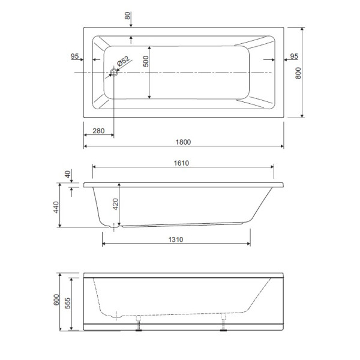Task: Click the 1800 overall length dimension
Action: tap(183, 142)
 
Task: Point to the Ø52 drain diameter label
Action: tap(122, 61)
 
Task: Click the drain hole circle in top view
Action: tap(113, 73)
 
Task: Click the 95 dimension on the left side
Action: tap(75, 56)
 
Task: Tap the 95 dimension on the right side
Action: tap(294, 56)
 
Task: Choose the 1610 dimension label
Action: tap(182, 163)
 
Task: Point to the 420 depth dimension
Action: tap(116, 206)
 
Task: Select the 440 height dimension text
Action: tap(56, 208)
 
